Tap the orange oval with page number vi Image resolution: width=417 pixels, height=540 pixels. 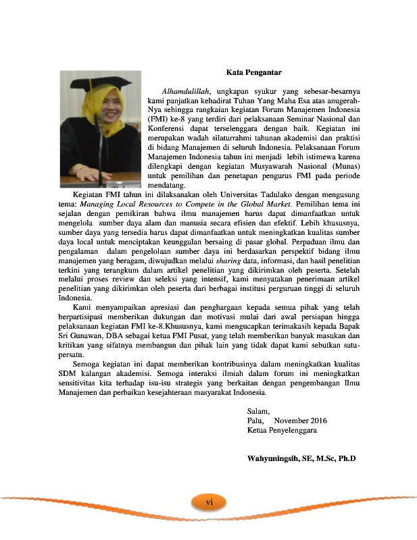click(210, 502)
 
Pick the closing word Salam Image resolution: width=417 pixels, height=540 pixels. click(258, 410)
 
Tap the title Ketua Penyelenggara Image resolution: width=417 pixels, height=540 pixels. click(282, 430)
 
